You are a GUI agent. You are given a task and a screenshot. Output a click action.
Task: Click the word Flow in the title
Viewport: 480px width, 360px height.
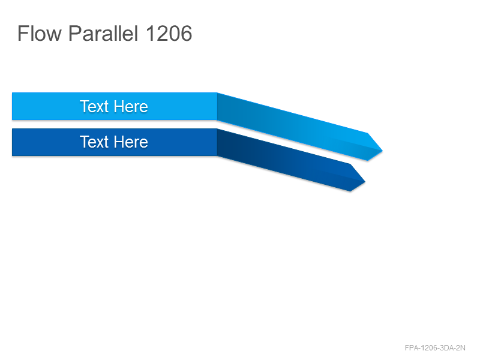[40, 34]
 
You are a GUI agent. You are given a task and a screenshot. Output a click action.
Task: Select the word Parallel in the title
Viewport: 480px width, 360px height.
[103, 34]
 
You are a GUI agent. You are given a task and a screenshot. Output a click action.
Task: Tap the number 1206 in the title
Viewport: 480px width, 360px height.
[169, 34]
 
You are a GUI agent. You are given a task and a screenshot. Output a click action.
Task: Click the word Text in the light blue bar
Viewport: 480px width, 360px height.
[94, 107]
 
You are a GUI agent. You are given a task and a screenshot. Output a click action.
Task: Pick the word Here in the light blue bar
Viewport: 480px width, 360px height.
[131, 107]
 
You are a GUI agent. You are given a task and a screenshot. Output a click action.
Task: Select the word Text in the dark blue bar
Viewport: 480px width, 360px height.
[94, 142]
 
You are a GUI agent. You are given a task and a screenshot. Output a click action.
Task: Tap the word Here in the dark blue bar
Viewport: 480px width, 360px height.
[131, 142]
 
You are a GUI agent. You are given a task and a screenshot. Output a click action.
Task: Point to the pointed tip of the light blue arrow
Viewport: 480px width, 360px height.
[382, 151]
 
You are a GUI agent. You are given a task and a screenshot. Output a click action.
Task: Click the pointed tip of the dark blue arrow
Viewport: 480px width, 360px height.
[365, 182]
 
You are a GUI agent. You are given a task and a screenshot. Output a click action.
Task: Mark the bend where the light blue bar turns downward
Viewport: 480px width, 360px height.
[217, 106]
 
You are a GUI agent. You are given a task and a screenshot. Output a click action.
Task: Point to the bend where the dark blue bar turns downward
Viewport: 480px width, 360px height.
[217, 142]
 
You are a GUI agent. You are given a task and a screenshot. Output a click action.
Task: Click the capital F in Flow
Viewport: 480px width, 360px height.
[23, 34]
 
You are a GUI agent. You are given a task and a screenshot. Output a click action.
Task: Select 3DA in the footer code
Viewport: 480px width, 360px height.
[446, 348]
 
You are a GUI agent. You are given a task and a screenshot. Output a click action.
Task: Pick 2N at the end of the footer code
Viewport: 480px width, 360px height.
[461, 348]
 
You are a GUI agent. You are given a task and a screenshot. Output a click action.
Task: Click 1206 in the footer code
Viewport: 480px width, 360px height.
[429, 348]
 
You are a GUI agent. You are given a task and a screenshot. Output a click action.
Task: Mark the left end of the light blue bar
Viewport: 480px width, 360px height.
[13, 106]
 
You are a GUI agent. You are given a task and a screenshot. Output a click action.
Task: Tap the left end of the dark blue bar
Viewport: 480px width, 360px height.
[13, 142]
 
